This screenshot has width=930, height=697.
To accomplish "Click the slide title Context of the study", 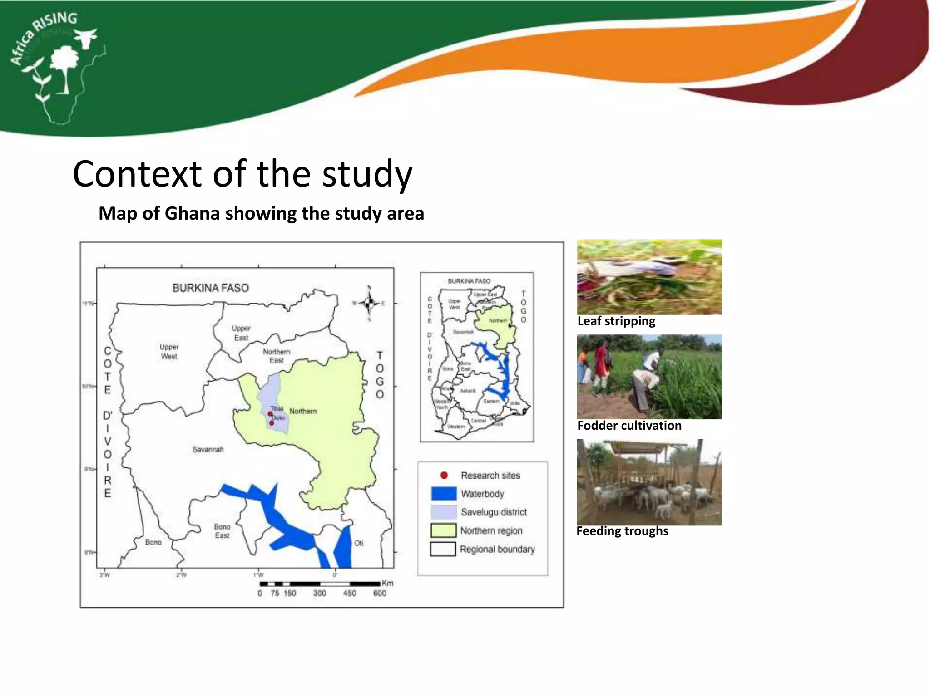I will tap(242, 174).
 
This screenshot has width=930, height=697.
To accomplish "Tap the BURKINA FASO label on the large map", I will tap(210, 288).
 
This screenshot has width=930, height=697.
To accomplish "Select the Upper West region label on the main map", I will tap(169, 352).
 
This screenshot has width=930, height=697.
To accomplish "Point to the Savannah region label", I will tap(208, 449).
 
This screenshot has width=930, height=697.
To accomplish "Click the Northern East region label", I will tap(276, 356).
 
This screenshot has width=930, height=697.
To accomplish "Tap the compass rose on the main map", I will tap(369, 303).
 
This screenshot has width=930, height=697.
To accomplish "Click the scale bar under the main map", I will tap(320, 584).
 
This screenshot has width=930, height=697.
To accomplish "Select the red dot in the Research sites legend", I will tap(444, 475).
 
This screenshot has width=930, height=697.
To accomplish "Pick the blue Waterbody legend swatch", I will tap(444, 494).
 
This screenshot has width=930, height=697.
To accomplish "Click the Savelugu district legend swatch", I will tap(444, 512).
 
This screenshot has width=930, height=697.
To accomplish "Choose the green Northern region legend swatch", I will tap(443, 530).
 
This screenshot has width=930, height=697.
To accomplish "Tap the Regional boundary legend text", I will tap(497, 549).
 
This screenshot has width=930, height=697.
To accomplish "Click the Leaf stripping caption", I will tap(616, 321).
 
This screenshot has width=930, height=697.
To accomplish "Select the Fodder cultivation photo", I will tap(649, 377).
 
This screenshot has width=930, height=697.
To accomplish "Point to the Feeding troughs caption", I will tap(622, 531).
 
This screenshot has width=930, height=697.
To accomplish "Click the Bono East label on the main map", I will tap(222, 531).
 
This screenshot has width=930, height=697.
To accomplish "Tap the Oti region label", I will tap(359, 543).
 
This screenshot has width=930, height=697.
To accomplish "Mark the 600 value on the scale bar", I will tap(380, 593).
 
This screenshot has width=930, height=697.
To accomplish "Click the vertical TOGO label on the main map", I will tap(380, 375).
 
